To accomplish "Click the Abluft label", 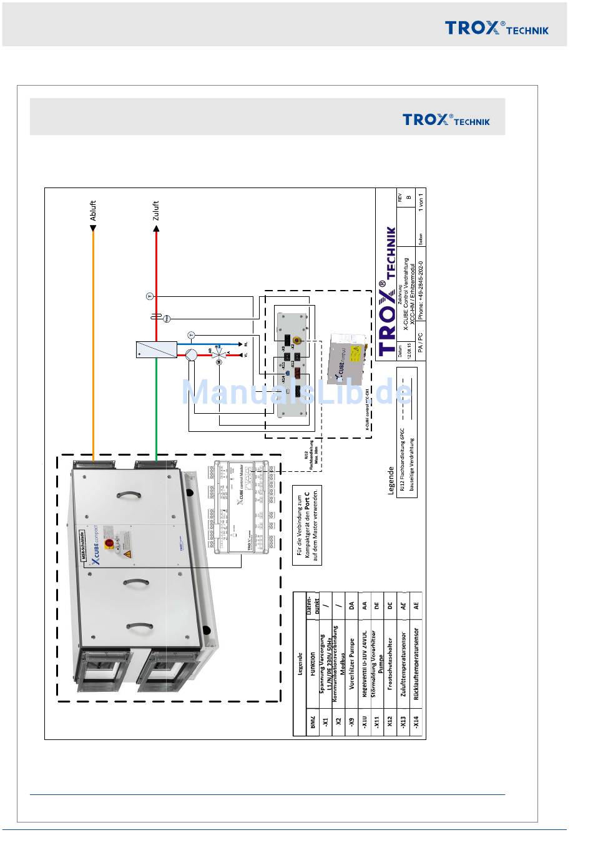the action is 93,211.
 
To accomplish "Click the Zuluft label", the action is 156,211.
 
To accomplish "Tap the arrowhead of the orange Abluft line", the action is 93,229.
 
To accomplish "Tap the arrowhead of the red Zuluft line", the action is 156,229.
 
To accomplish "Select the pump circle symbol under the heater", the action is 191,355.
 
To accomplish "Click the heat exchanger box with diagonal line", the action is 156,349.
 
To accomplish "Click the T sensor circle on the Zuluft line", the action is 149,296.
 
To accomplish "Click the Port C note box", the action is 308,525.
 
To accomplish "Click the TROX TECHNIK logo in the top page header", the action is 496,27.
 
